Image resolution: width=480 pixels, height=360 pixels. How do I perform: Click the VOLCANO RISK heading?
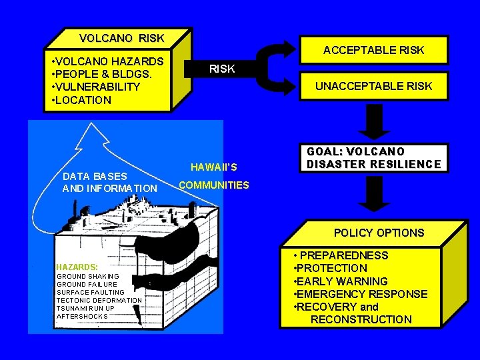pyautogui.click(x=121, y=38)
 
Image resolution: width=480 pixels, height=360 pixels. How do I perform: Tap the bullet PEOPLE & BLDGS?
pyautogui.click(x=99, y=74)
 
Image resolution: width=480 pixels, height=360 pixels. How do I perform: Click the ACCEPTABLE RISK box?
pyautogui.click(x=373, y=50)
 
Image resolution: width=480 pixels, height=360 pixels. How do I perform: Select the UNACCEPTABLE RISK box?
pyautogui.click(x=373, y=86)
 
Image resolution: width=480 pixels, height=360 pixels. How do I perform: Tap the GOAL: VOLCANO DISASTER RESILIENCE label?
pyautogui.click(x=373, y=158)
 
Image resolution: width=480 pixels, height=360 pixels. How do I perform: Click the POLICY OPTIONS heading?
pyautogui.click(x=379, y=233)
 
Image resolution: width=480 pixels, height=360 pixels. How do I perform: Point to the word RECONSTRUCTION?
pyautogui.click(x=361, y=319)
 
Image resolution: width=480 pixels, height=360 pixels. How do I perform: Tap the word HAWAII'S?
pyautogui.click(x=213, y=167)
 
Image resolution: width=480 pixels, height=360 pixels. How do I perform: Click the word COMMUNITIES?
pyautogui.click(x=213, y=185)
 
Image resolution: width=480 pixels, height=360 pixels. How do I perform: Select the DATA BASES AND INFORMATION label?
pyautogui.click(x=109, y=183)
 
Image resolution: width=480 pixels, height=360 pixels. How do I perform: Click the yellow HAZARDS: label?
pyautogui.click(x=77, y=265)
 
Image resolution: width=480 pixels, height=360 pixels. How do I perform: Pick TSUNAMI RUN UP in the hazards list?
pyautogui.click(x=85, y=308)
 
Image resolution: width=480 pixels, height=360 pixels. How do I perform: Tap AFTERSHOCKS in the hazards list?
pyautogui.click(x=82, y=316)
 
